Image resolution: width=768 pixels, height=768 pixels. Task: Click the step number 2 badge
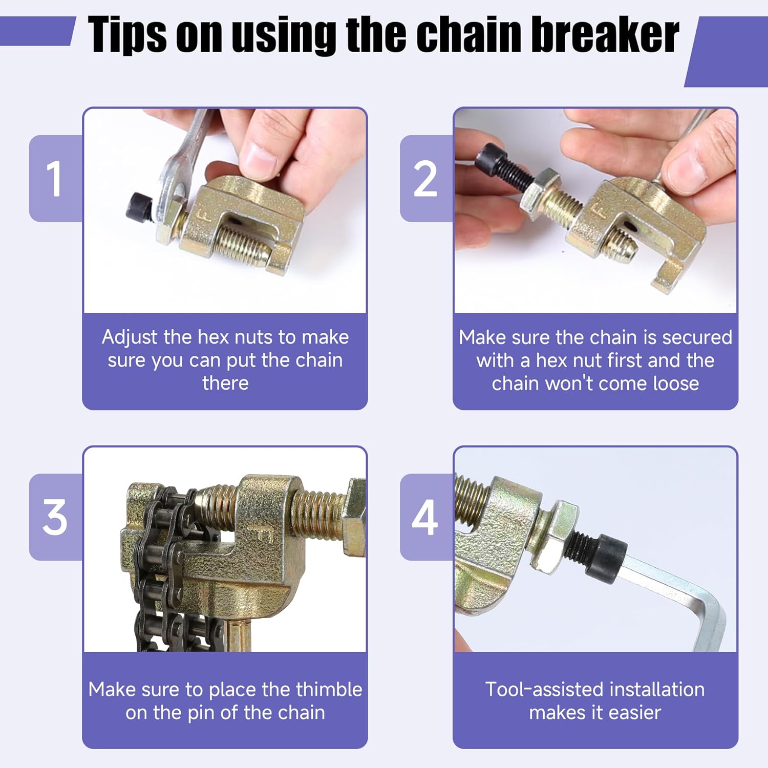point(426,178)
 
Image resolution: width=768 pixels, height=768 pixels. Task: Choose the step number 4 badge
point(426,517)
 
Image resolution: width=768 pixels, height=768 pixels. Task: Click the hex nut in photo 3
point(354,517)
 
